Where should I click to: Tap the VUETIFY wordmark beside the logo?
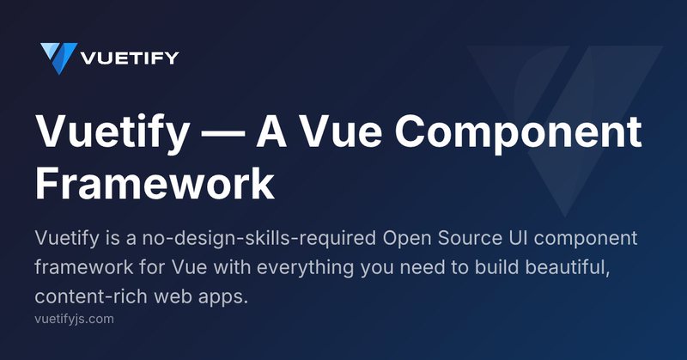[x=130, y=58]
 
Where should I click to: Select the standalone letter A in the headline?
[x=271, y=131]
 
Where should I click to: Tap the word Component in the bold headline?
[x=518, y=133]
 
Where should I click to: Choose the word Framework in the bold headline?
[x=155, y=183]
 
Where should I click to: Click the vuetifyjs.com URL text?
[x=74, y=319]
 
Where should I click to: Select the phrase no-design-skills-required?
[x=259, y=239]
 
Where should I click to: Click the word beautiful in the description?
[x=568, y=267]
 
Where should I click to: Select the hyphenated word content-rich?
[x=91, y=296]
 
